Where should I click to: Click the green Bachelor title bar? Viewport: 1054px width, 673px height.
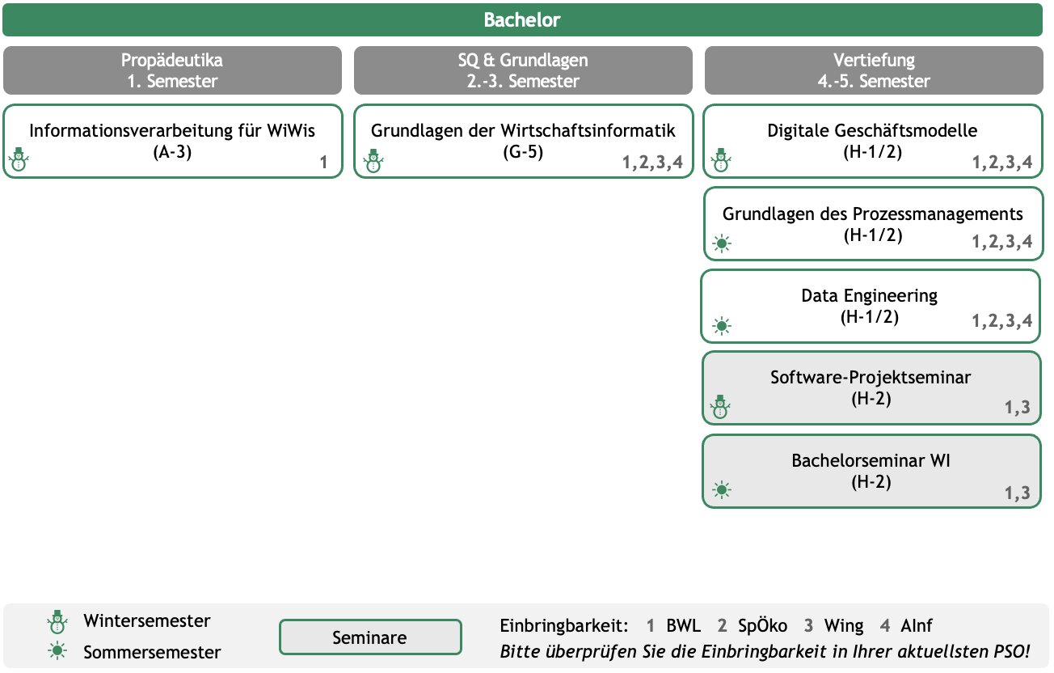click(522, 19)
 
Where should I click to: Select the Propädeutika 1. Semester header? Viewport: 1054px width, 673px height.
click(172, 70)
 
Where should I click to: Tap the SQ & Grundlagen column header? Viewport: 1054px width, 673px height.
click(523, 70)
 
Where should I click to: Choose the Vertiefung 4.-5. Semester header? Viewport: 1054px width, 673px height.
click(874, 70)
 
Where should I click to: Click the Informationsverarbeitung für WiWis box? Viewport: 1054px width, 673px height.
click(173, 142)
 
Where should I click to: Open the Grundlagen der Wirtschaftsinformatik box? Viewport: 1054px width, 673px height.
click(523, 142)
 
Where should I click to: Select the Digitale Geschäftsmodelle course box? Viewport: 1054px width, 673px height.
click(873, 142)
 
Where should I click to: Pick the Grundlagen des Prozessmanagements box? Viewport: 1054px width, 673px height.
click(873, 224)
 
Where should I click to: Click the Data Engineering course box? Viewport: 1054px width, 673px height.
click(870, 306)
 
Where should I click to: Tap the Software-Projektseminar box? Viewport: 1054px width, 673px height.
click(871, 388)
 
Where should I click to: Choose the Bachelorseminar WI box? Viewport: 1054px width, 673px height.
click(871, 471)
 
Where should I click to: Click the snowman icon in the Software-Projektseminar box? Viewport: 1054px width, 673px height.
click(720, 406)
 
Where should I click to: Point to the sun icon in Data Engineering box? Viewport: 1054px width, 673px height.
click(721, 326)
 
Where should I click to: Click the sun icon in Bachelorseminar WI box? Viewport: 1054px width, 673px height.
click(721, 490)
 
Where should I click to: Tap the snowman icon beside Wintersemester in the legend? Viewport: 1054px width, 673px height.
click(57, 622)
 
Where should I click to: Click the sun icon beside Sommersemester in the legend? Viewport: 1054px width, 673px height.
click(57, 651)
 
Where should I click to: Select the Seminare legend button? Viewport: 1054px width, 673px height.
click(370, 637)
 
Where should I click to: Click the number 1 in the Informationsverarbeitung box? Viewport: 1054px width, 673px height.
click(323, 163)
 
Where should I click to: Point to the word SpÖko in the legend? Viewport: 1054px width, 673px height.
click(762, 625)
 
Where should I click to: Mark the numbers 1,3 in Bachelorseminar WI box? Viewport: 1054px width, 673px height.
click(1018, 493)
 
